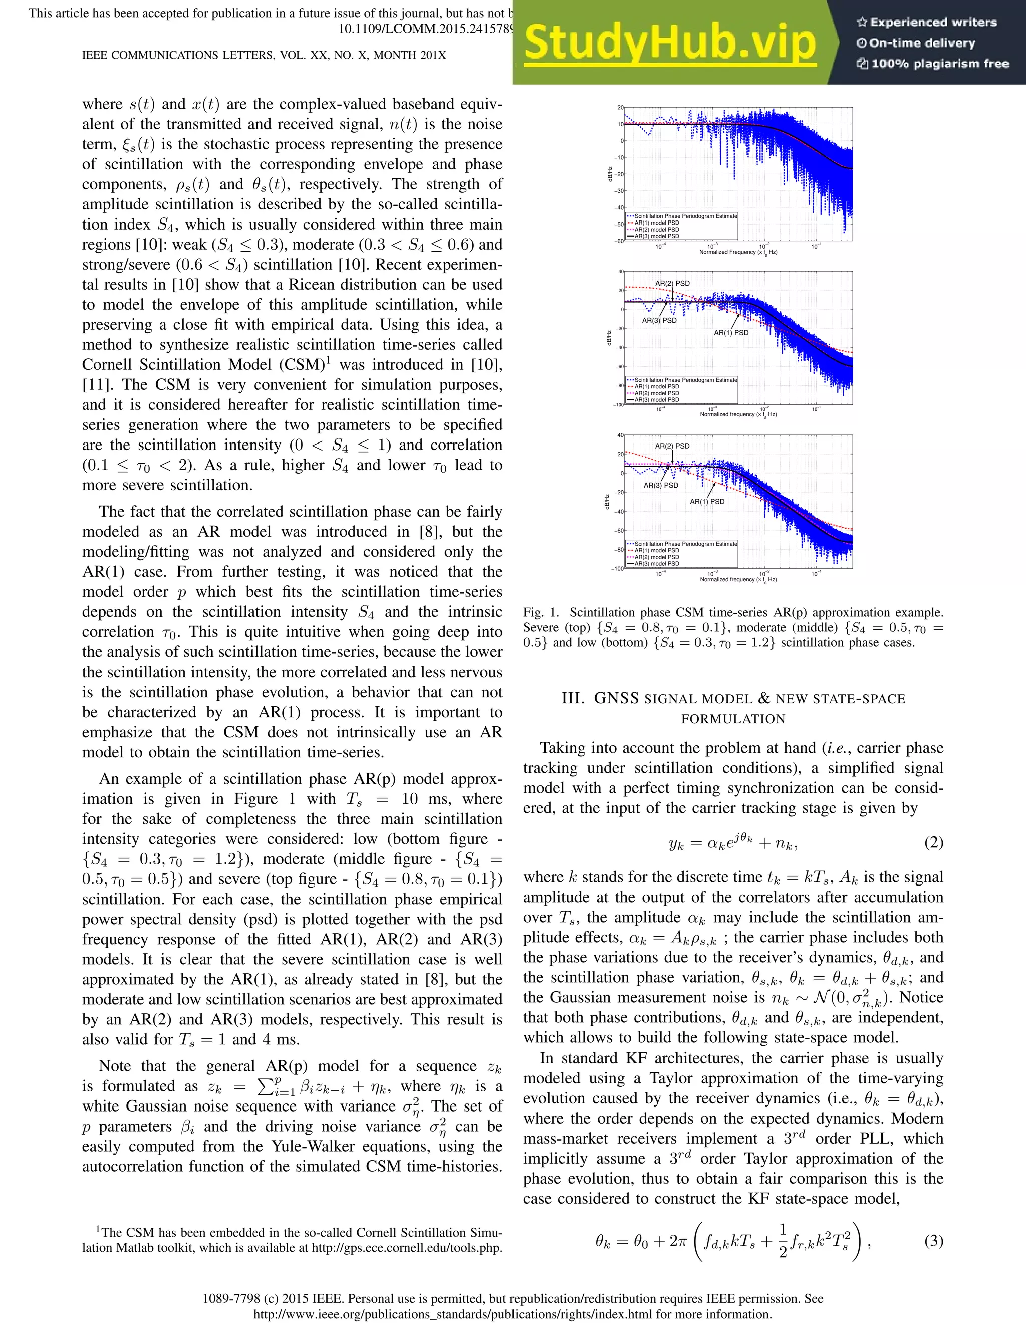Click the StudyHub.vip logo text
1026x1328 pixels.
coord(669,43)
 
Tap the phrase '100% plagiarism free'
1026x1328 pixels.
coord(940,63)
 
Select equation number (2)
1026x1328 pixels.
coord(933,843)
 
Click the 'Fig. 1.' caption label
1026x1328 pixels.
coord(541,612)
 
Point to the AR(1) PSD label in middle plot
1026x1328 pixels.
coord(731,333)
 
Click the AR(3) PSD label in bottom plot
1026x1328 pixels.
coord(661,485)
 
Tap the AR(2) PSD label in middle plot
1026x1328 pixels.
coord(672,283)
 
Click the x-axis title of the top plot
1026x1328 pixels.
coord(738,252)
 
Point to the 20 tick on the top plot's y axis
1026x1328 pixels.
coord(621,108)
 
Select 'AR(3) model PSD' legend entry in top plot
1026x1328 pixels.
coord(656,236)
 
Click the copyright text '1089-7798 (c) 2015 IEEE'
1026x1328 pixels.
coord(274,1299)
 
